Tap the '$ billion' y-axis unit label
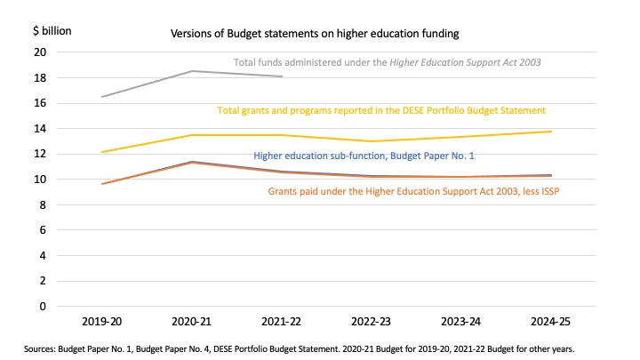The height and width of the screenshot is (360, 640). click(52, 30)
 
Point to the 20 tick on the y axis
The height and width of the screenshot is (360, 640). click(39, 52)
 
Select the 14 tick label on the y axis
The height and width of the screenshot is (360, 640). click(39, 128)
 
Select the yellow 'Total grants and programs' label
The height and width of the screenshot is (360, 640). click(381, 110)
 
